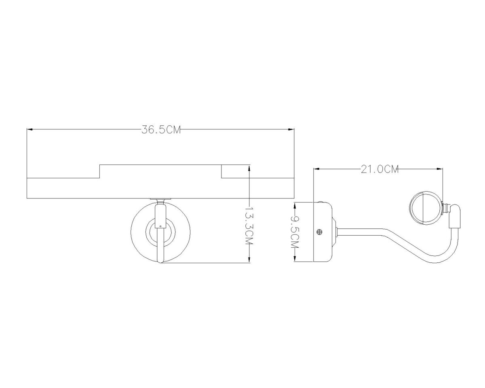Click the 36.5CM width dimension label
pyautogui.click(x=161, y=130)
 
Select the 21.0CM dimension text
pyautogui.click(x=380, y=169)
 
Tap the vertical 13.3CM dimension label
pyautogui.click(x=249, y=226)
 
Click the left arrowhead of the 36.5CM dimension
pyautogui.click(x=30, y=129)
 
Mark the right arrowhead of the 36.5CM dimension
pyautogui.click(x=291, y=129)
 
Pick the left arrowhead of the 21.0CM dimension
pyautogui.click(x=316, y=169)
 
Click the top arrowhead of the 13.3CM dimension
pyautogui.click(x=249, y=168)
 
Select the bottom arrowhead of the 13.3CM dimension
pyautogui.click(x=249, y=260)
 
